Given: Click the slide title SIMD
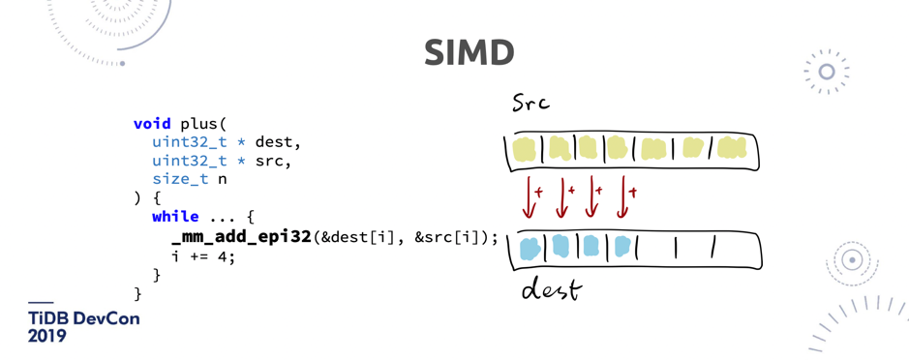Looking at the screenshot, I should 469,53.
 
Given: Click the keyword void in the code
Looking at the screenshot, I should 152,124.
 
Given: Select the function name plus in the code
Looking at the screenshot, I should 198,124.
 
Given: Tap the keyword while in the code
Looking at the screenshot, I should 175,217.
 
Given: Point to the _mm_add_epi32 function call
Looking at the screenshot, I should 241,237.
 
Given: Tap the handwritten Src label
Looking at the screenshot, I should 530,103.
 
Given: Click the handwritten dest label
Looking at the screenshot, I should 551,288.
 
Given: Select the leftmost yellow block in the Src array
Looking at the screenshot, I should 524,150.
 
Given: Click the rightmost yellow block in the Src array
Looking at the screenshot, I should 732,149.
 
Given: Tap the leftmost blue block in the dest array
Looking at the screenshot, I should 530,249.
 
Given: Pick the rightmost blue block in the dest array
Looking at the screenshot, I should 622,248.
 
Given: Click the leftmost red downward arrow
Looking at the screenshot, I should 529,196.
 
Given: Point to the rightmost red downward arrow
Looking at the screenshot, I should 623,196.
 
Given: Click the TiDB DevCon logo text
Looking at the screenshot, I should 83,318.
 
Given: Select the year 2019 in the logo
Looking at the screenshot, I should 46,337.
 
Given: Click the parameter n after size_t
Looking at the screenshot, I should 223,179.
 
